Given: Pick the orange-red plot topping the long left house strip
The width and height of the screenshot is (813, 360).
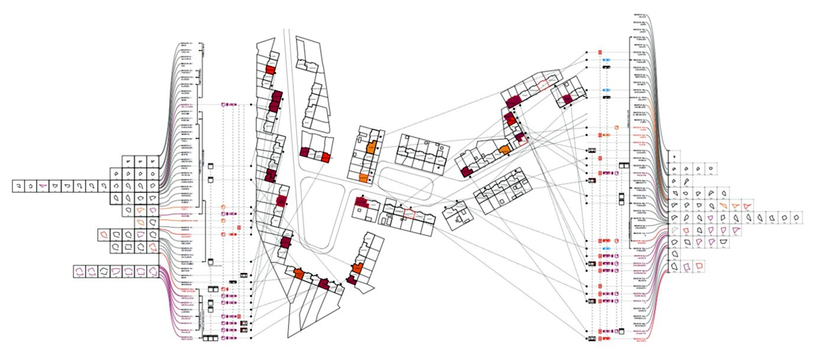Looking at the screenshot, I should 269,70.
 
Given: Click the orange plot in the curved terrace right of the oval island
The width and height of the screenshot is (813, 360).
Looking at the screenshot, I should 504,150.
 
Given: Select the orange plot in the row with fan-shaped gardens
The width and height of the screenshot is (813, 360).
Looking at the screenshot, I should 299,274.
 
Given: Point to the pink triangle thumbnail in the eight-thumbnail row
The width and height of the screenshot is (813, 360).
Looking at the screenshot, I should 42,186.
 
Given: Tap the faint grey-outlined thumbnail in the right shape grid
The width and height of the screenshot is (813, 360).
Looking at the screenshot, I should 675,230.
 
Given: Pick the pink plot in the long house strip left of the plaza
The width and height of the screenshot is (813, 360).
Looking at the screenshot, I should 280,201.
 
